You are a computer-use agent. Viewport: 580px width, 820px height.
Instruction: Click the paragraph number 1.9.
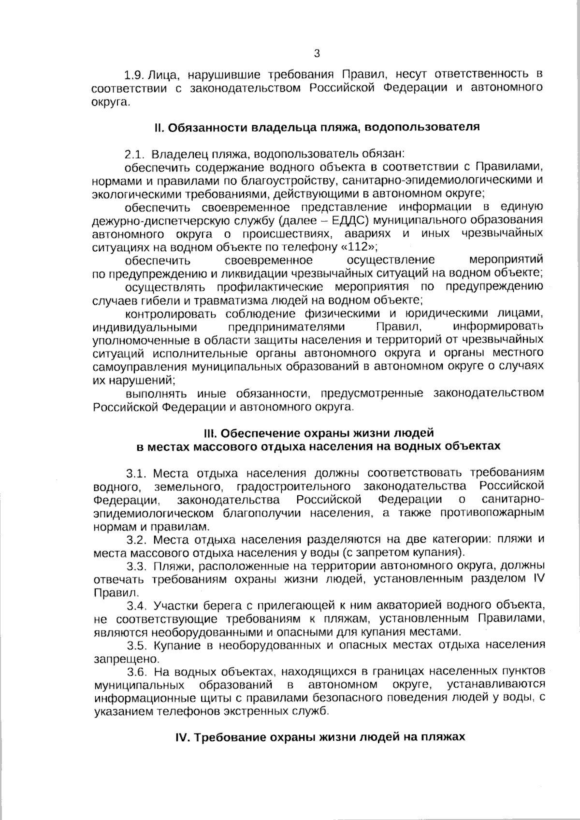pyautogui.click(x=135, y=75)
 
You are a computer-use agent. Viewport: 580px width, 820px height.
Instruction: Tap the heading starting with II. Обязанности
pyautogui.click(x=317, y=127)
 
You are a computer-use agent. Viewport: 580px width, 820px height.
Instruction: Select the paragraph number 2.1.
pyautogui.click(x=135, y=155)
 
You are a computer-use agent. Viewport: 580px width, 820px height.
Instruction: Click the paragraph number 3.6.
pyautogui.click(x=137, y=672)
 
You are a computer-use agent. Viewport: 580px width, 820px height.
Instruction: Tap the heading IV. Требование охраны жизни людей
pyautogui.click(x=319, y=737)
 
